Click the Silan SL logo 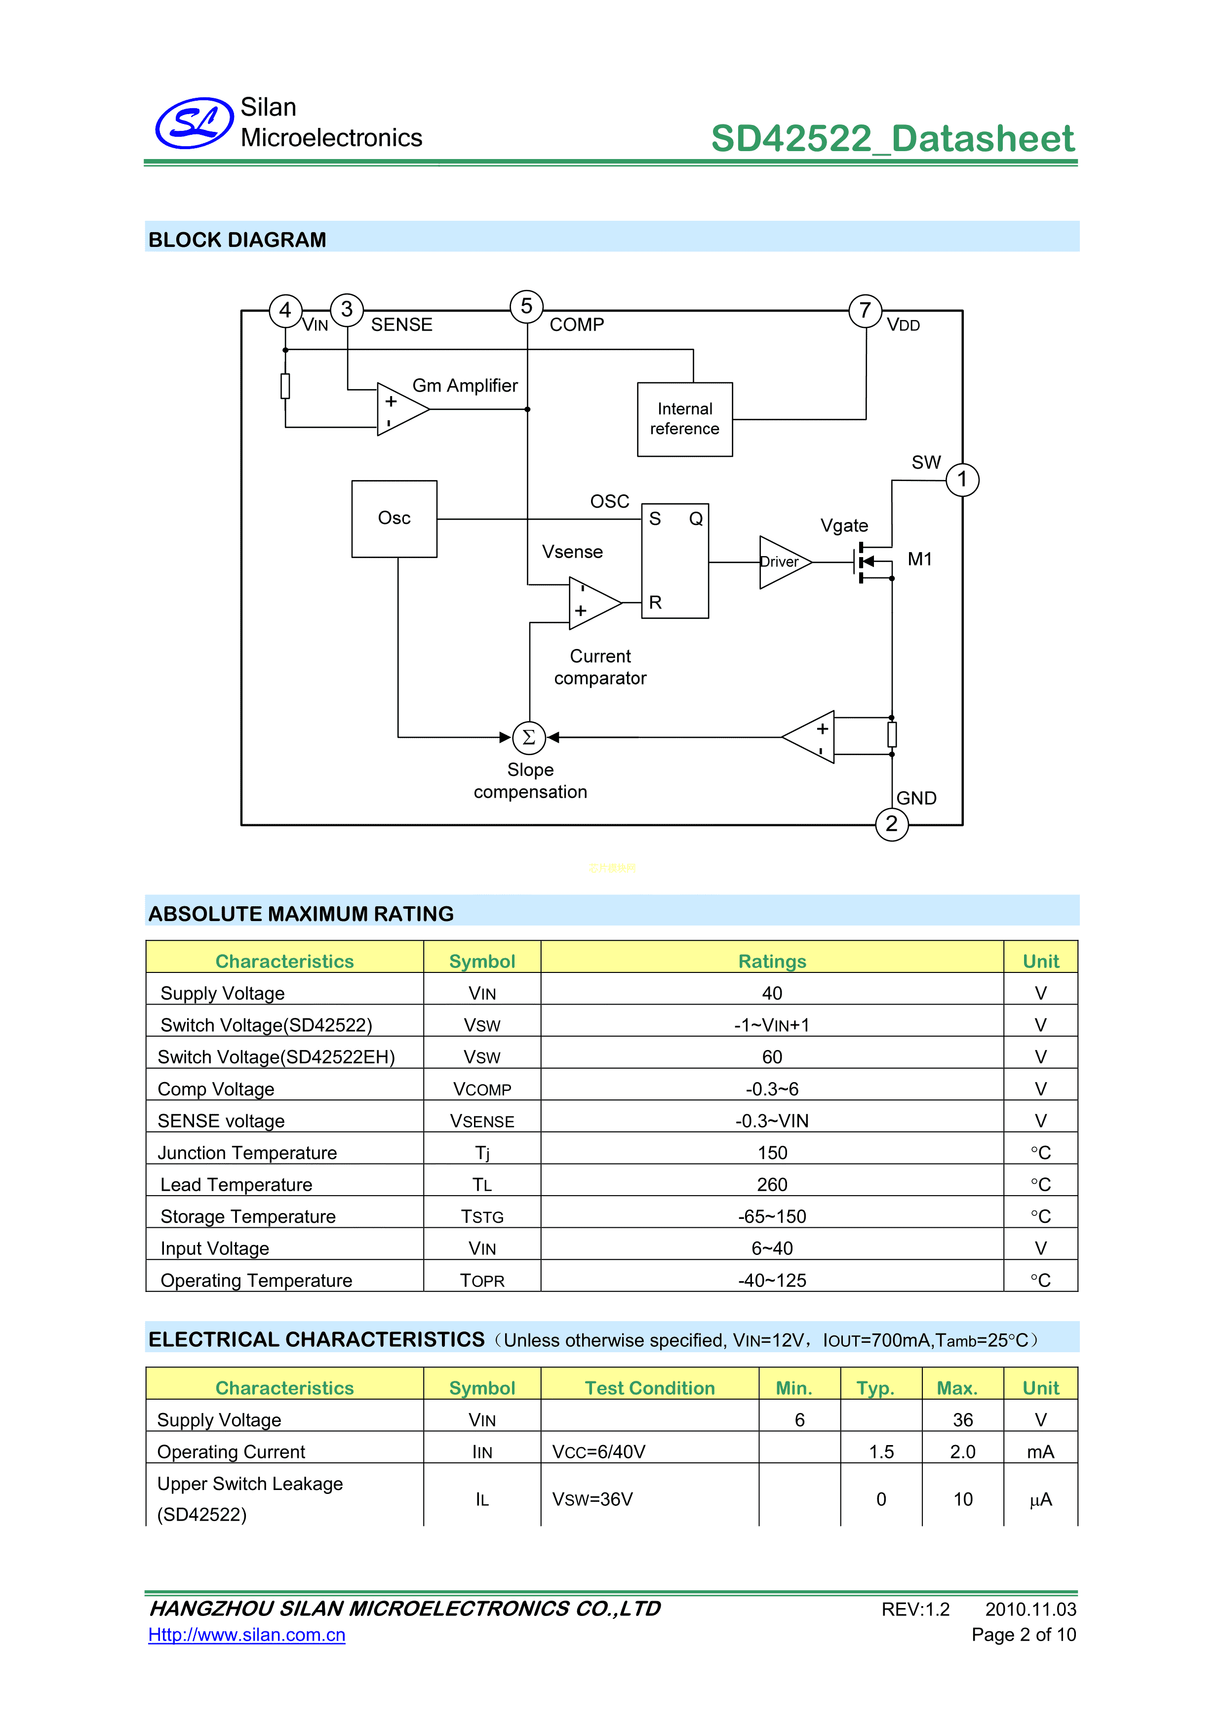click(194, 122)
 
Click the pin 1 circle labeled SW click(962, 479)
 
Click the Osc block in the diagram click(394, 519)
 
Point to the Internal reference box click(684, 419)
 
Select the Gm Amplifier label click(465, 386)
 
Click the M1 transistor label click(919, 559)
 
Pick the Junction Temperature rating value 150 click(772, 1153)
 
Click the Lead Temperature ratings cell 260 click(772, 1184)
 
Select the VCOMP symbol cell click(482, 1089)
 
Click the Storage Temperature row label click(248, 1217)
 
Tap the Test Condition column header click(650, 1388)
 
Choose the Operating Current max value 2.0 click(962, 1451)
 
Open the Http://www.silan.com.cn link click(247, 1635)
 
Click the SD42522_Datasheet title click(892, 139)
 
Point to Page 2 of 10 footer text click(1024, 1635)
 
